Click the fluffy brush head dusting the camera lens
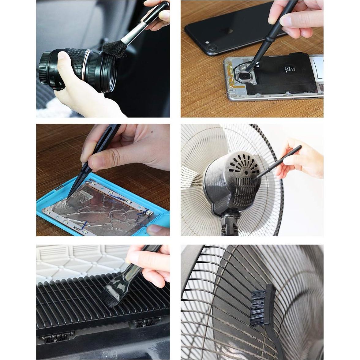pos(114,49)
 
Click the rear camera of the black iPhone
pos(212,48)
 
